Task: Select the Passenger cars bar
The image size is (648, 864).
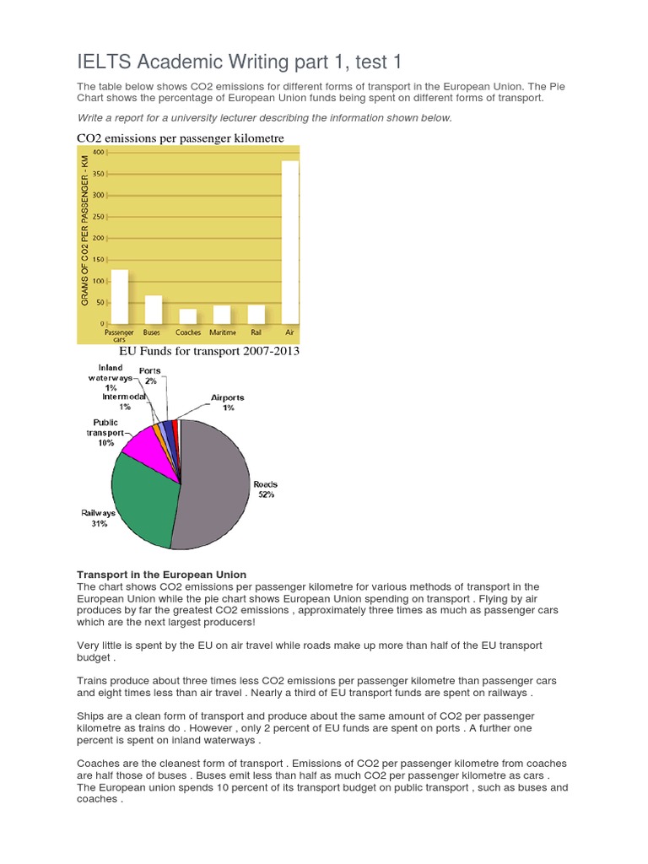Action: coord(120,297)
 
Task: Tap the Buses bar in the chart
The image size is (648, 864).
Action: coord(154,310)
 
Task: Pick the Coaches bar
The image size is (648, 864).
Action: coord(188,316)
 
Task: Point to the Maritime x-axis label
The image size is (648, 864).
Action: coord(222,332)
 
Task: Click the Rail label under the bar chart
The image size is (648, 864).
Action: coord(256,332)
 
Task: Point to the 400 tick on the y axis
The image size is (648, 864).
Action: coord(98,153)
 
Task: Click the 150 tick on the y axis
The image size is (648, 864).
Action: coord(98,260)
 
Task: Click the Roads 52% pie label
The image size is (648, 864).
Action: coord(265,489)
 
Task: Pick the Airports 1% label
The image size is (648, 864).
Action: coord(227,402)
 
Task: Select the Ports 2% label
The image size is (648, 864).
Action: coord(150,375)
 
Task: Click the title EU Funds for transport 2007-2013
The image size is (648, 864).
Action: coord(209,351)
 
